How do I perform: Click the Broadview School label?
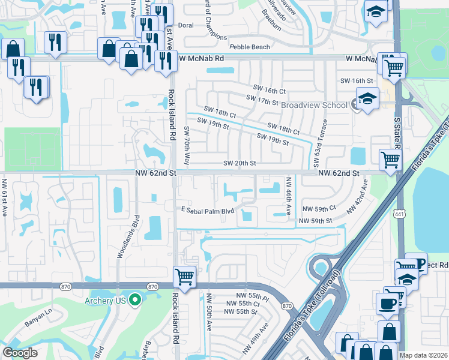[x=314, y=104]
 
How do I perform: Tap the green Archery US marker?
[x=136, y=299]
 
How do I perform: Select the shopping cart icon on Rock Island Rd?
[x=184, y=277]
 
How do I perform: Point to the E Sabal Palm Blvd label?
[x=206, y=211]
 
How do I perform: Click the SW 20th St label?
[x=240, y=163]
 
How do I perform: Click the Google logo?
[x=20, y=353]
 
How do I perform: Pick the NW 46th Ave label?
[x=289, y=193]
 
